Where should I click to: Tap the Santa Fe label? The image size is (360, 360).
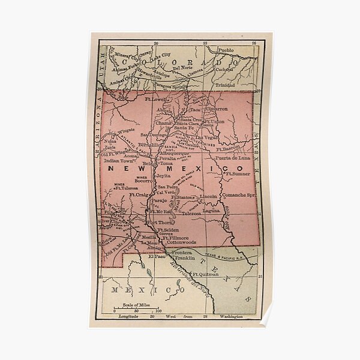pos(184,128)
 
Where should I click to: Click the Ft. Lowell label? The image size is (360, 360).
pos(157,97)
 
